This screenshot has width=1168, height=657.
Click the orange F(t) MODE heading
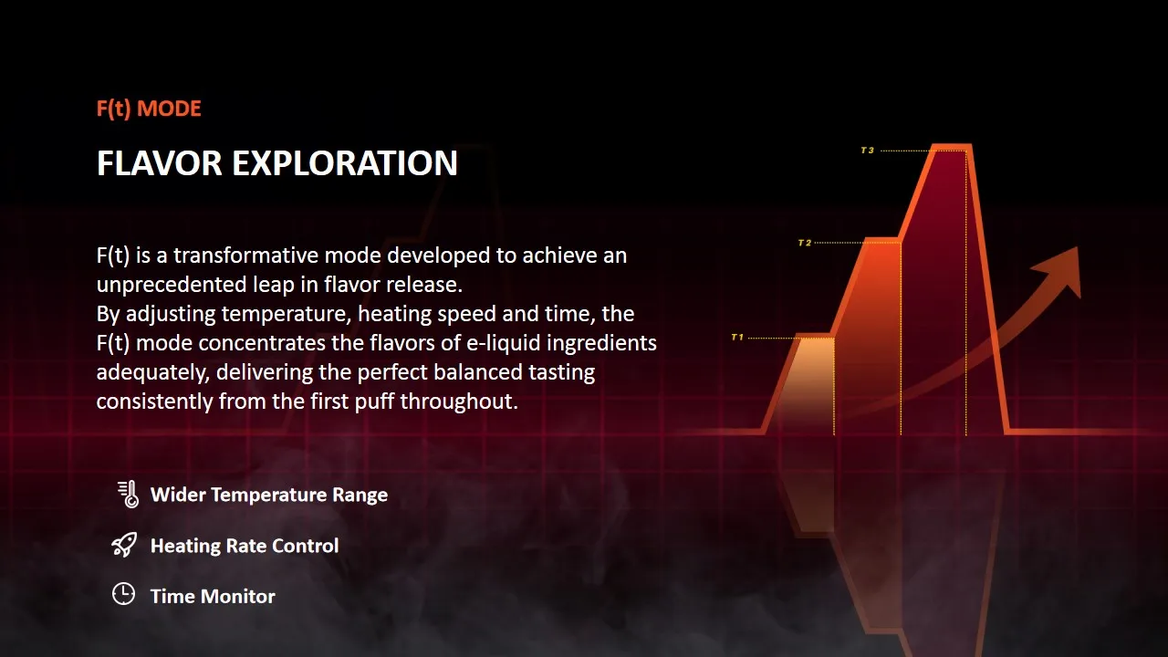[x=149, y=109]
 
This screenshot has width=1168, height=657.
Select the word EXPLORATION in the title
[x=345, y=163]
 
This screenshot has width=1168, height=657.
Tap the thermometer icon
[x=129, y=494]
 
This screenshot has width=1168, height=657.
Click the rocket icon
[x=124, y=545]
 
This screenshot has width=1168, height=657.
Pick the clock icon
[x=123, y=594]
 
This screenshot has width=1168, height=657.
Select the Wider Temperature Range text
[x=269, y=495]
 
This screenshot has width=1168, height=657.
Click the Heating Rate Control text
[x=245, y=546]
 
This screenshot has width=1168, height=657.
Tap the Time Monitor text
[x=213, y=596]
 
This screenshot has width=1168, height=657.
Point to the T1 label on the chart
[x=737, y=338]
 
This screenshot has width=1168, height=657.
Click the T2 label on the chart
[x=805, y=243]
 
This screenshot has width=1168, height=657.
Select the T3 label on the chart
[x=867, y=151]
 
